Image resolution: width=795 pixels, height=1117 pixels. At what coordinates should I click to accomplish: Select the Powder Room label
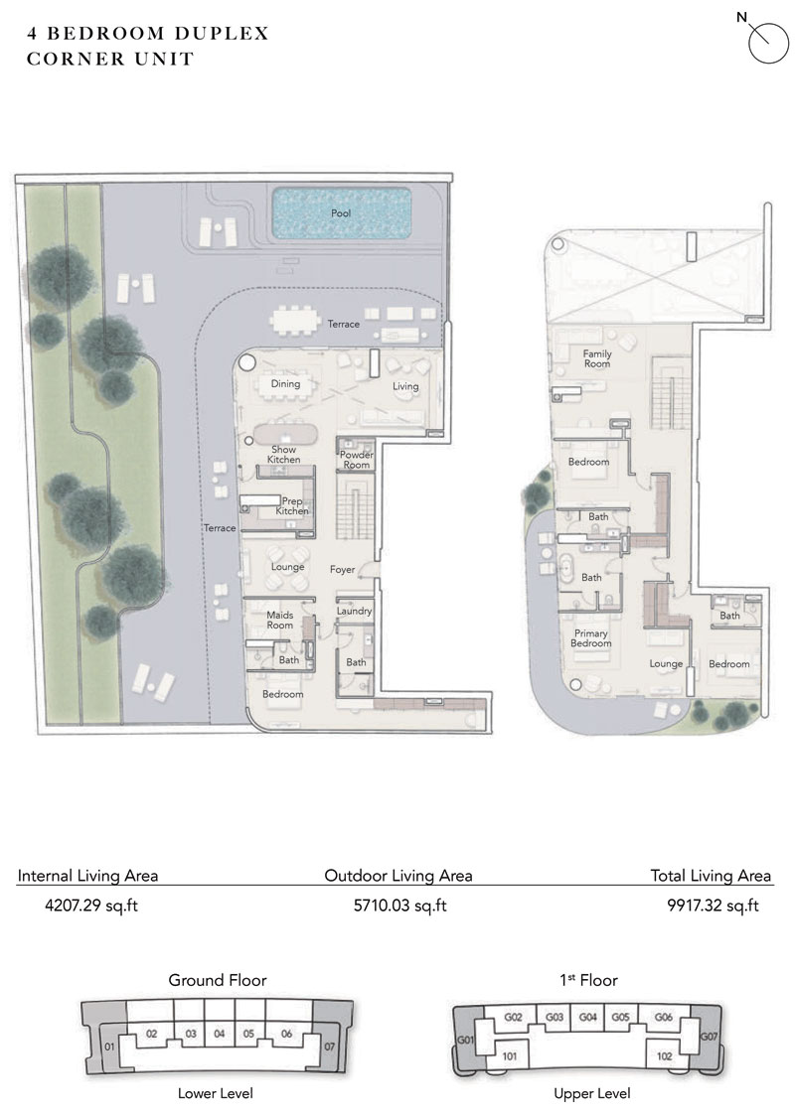(356, 460)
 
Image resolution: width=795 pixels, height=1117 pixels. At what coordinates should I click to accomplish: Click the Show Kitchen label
(284, 455)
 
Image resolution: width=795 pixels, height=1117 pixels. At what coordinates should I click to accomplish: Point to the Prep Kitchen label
(292, 506)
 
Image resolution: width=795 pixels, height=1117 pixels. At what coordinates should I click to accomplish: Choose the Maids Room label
(279, 620)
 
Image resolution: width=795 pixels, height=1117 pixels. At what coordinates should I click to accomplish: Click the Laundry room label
(354, 612)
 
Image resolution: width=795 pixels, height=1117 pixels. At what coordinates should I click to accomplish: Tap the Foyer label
(343, 570)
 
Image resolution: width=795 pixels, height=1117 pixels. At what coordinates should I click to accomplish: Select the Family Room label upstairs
(597, 358)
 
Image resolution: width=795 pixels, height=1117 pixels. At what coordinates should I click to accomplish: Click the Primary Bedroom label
(591, 637)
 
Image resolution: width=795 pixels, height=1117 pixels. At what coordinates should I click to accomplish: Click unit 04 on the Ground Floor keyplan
(219, 1034)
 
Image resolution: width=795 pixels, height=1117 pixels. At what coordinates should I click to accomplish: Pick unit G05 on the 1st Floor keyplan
(621, 1017)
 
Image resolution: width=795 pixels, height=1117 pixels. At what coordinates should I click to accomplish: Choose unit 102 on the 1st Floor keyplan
(665, 1056)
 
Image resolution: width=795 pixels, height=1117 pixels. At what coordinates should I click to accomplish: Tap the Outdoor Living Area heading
(397, 876)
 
